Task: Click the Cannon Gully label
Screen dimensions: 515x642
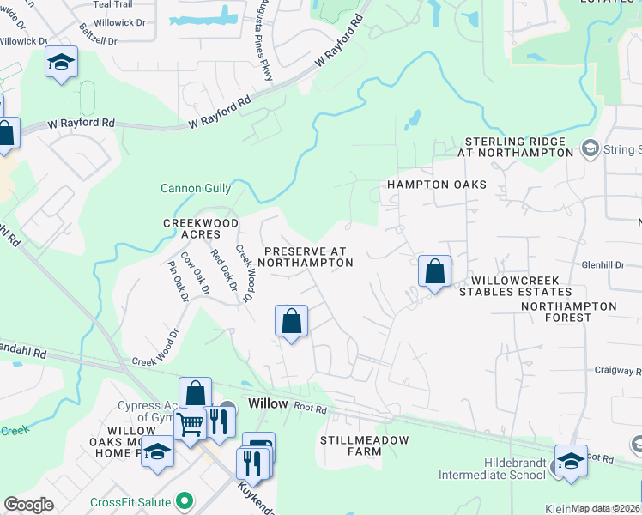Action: pyautogui.click(x=196, y=188)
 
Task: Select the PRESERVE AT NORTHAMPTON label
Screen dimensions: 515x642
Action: pyautogui.click(x=305, y=257)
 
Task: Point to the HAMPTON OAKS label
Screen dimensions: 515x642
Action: pyautogui.click(x=436, y=185)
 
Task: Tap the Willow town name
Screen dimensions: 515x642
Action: pyautogui.click(x=267, y=403)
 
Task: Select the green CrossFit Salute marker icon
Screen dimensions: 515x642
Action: pyautogui.click(x=183, y=500)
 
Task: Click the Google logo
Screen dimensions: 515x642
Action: pyautogui.click(x=28, y=505)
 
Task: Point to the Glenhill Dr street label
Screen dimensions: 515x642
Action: pyautogui.click(x=603, y=265)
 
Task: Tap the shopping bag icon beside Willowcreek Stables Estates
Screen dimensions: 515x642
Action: pyautogui.click(x=435, y=271)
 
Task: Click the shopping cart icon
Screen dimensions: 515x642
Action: pyautogui.click(x=190, y=423)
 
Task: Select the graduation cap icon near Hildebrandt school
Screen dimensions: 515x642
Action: pyautogui.click(x=571, y=461)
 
